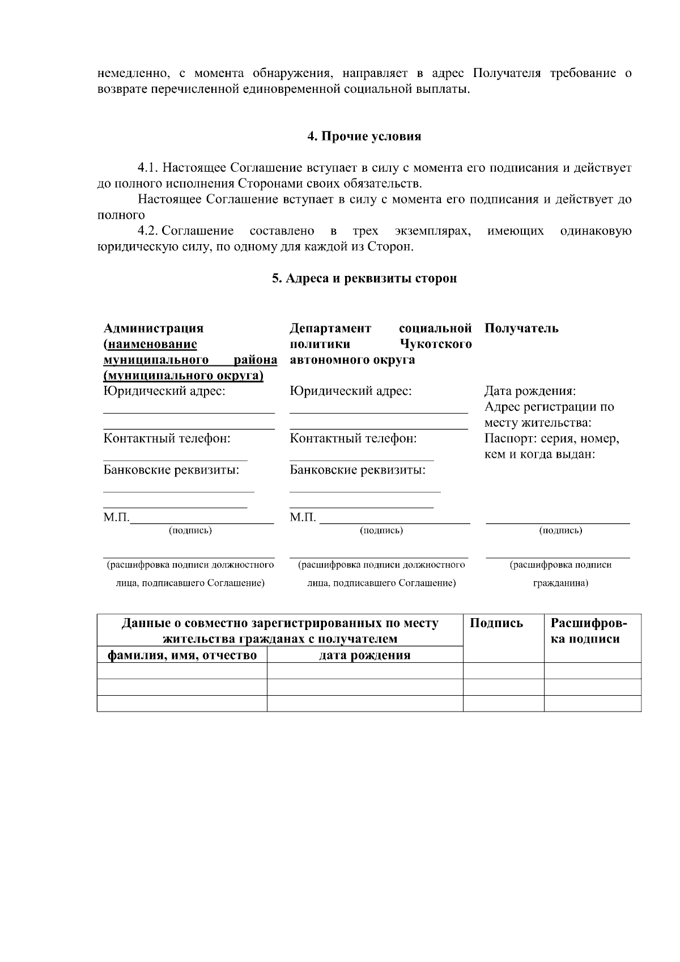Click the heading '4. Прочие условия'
[364, 137]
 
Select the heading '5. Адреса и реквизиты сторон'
[364, 278]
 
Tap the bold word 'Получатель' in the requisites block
[521, 329]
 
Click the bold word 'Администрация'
[154, 329]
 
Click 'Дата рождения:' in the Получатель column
[530, 391]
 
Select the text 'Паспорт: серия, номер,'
[551, 439]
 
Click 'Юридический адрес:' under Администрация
[164, 391]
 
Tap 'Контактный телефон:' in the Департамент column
[353, 439]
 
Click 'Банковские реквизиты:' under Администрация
[171, 470]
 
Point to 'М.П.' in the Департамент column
[302, 518]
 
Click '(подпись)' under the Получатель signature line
[560, 531]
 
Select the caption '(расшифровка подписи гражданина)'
[560, 573]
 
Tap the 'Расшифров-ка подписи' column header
[589, 631]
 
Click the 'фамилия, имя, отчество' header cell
[182, 655]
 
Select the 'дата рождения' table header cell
[364, 655]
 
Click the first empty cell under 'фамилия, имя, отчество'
[182, 671]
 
